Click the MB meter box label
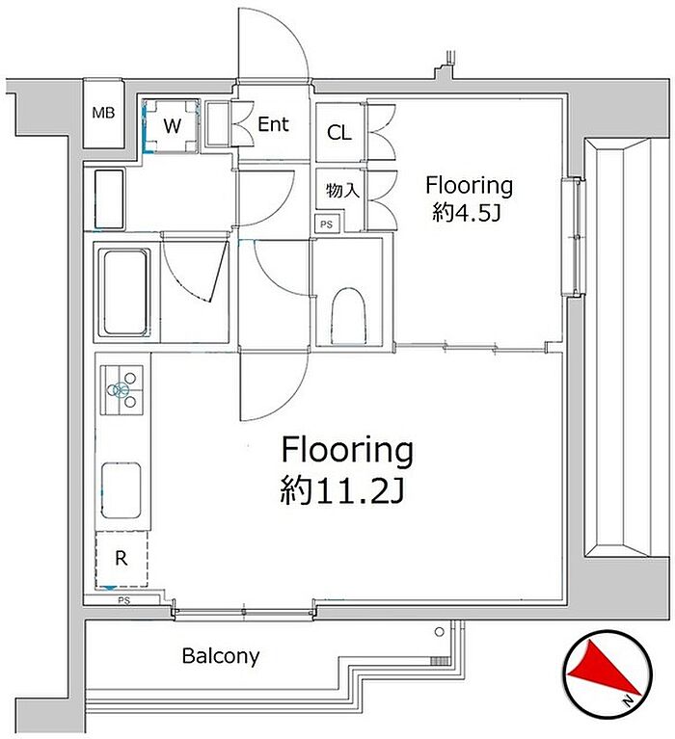(x=103, y=113)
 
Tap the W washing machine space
(x=172, y=126)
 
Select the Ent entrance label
(x=273, y=124)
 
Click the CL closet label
(x=339, y=132)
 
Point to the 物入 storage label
(x=342, y=191)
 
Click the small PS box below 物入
(x=327, y=224)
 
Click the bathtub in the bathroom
(x=124, y=292)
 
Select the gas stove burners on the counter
(x=121, y=390)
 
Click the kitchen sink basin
(x=121, y=490)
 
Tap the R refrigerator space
(x=121, y=559)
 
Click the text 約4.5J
(x=466, y=213)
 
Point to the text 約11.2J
(x=342, y=490)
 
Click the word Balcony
(x=221, y=656)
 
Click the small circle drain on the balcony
(x=439, y=632)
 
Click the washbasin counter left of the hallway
(x=109, y=198)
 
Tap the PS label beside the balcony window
(x=123, y=600)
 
